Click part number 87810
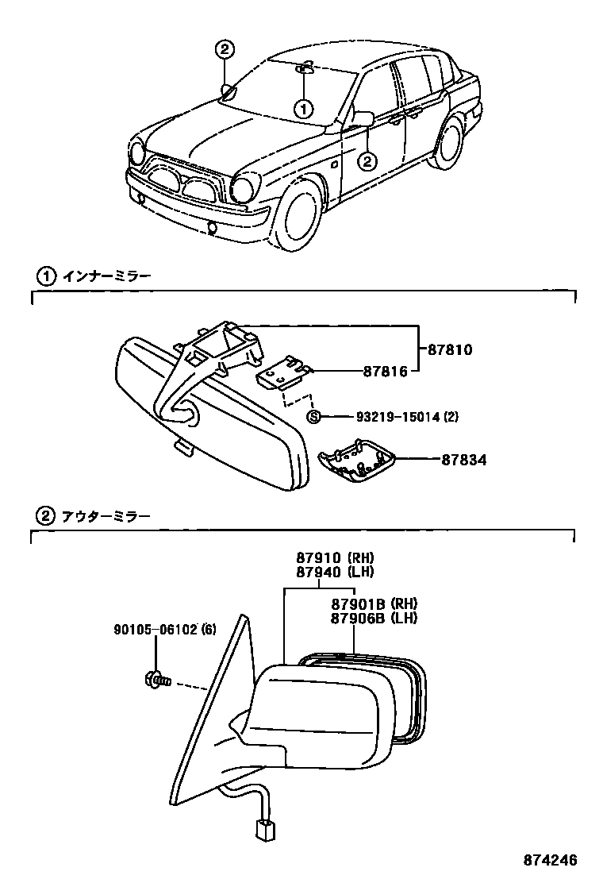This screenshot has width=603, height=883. (450, 349)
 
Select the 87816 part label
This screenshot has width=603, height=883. (386, 370)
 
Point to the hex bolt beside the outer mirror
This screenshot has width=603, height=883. (156, 679)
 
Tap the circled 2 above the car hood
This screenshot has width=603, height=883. (225, 49)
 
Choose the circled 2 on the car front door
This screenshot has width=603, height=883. (366, 161)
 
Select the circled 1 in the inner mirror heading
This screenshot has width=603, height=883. (44, 276)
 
